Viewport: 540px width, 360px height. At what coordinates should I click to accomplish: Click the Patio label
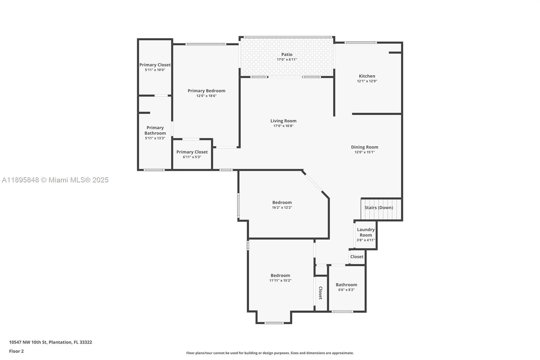tap(287, 54)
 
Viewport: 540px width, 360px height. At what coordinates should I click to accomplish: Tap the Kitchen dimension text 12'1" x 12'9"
tap(367, 81)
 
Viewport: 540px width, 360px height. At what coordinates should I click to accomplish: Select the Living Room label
tap(283, 121)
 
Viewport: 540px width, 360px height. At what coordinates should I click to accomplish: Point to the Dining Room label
tap(364, 147)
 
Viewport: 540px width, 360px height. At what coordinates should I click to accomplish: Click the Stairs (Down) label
tap(379, 207)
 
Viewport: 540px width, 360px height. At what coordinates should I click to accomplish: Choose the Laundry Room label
tap(366, 232)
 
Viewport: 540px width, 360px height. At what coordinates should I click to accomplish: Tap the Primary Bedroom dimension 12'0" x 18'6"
tap(206, 96)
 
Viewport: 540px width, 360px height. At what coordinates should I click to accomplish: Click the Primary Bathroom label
tap(155, 130)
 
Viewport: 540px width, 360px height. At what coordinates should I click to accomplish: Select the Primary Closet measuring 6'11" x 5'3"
tap(192, 152)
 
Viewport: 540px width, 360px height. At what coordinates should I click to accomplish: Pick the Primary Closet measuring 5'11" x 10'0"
tap(155, 65)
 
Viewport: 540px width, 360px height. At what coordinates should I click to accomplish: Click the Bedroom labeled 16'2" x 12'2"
tap(282, 203)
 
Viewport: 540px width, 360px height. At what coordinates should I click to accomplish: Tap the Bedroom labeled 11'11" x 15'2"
tap(280, 276)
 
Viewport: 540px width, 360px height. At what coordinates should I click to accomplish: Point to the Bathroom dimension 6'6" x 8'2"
tap(346, 290)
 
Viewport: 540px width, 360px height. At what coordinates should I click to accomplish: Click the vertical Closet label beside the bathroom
tap(321, 293)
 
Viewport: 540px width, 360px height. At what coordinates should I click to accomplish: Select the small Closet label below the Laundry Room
tap(357, 257)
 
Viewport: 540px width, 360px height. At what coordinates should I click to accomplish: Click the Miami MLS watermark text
tap(55, 180)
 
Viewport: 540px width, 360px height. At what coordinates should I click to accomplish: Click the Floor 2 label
tap(16, 351)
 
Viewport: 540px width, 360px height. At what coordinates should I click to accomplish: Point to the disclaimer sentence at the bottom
tap(270, 353)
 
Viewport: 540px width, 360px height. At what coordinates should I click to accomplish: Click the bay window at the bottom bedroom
tap(274, 323)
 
